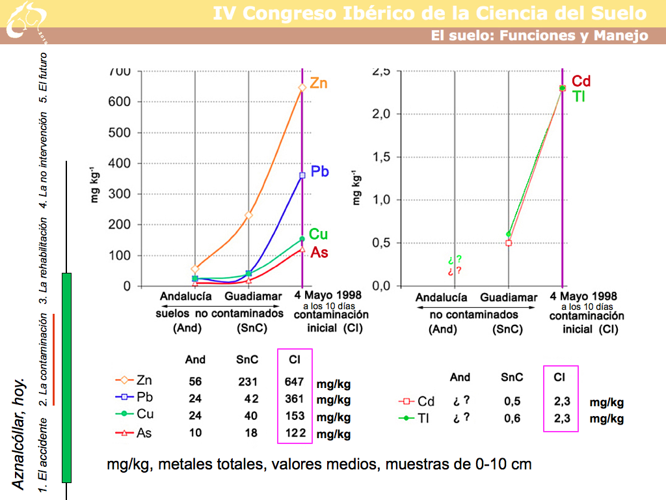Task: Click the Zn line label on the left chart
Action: tap(318, 84)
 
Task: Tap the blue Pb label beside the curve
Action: tap(319, 172)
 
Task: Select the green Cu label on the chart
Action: tap(318, 234)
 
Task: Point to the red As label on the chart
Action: tap(319, 252)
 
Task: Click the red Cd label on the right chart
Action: tap(581, 81)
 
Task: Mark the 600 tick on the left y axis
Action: tap(122, 102)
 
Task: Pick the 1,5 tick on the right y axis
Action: tap(380, 157)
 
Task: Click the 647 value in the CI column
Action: tap(295, 382)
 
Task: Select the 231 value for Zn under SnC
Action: tap(248, 382)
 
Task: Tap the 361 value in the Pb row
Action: tap(295, 399)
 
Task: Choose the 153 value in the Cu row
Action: tap(295, 417)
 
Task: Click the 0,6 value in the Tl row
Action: tap(513, 419)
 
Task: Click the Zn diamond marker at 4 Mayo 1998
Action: tap(302, 87)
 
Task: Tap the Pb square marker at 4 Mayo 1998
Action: tap(302, 175)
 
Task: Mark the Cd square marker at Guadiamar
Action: tap(509, 243)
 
